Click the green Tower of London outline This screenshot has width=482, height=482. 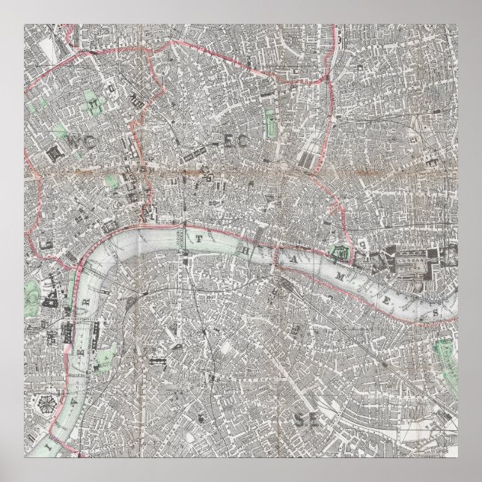342,252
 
